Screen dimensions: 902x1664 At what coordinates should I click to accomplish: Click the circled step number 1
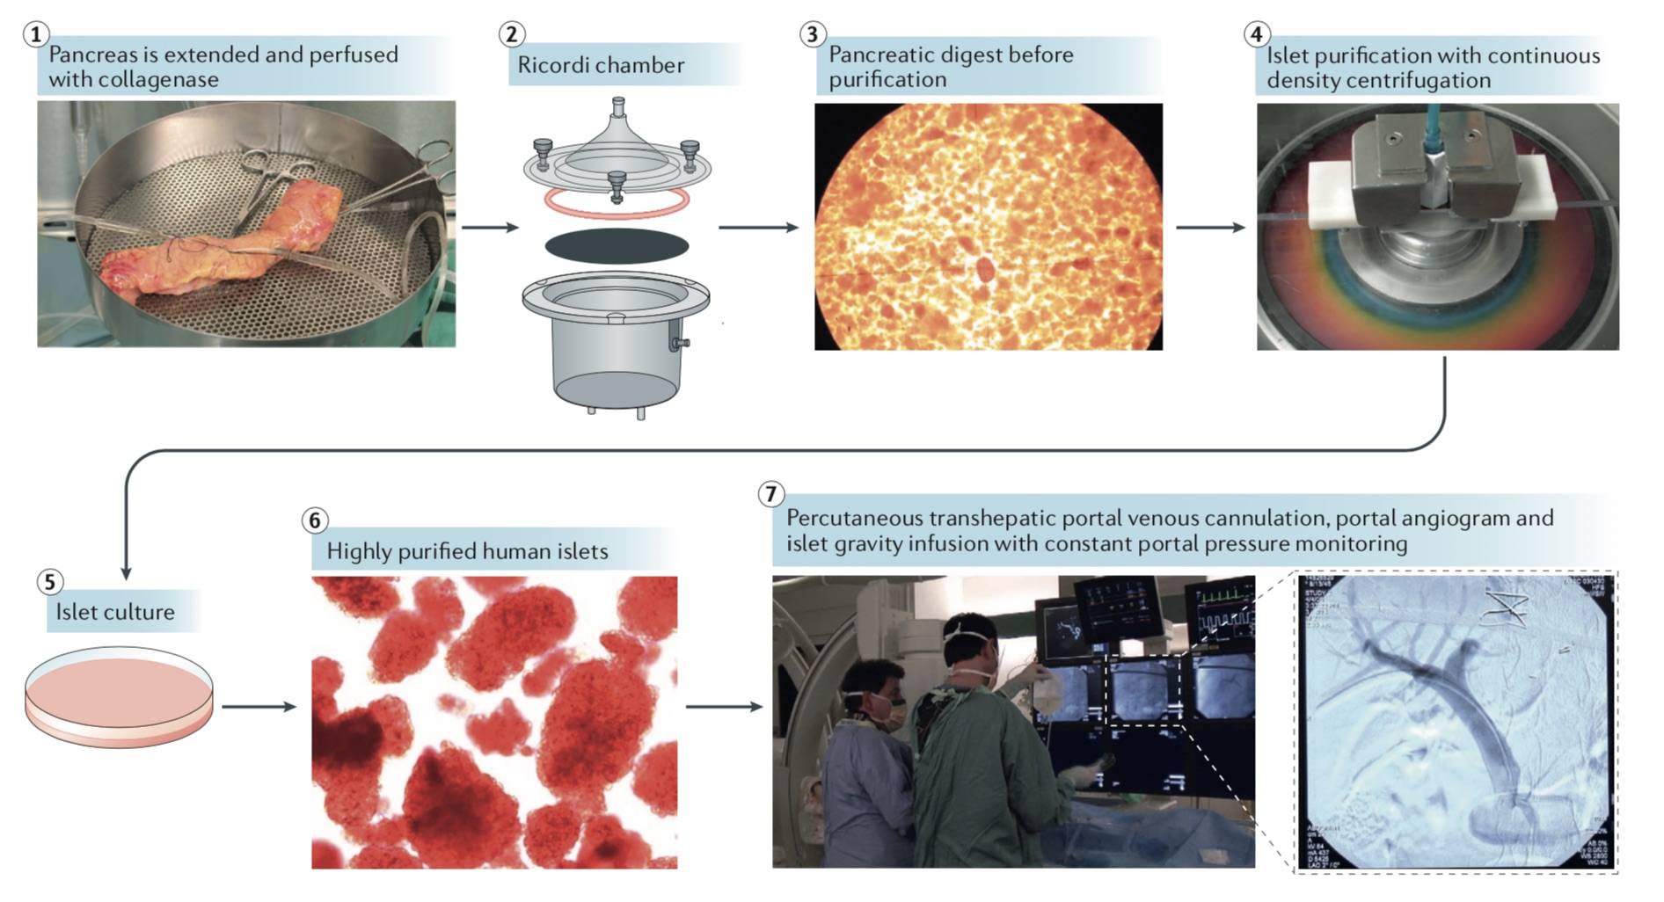(x=35, y=34)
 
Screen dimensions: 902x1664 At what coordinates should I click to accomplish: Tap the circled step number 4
(x=1256, y=34)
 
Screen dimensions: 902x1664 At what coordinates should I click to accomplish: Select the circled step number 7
(x=770, y=494)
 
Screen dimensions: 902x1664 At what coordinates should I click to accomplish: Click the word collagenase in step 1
(x=133, y=80)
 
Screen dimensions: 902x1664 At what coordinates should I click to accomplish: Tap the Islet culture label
(x=115, y=612)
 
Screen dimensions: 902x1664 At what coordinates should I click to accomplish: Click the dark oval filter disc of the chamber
(x=617, y=245)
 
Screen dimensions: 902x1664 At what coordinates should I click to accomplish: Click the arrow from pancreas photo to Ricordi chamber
(x=490, y=228)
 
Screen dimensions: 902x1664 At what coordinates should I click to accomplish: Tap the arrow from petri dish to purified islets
(x=259, y=706)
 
